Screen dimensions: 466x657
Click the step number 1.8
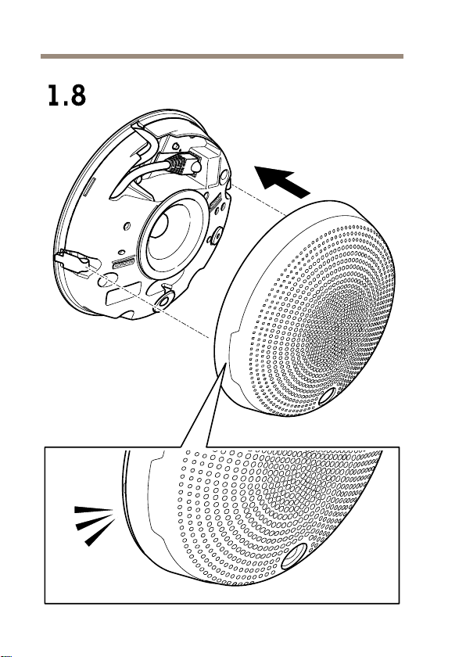[x=67, y=95]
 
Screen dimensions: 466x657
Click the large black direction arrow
[x=281, y=181]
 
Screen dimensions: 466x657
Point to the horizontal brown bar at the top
[x=222, y=56]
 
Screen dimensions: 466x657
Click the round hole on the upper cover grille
[x=328, y=396]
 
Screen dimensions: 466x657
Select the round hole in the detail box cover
[x=294, y=555]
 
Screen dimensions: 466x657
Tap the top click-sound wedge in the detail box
[x=93, y=510]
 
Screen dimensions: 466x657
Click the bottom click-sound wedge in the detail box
[x=100, y=533]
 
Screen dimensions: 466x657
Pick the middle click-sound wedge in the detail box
[x=95, y=522]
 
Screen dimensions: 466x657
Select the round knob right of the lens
[x=216, y=236]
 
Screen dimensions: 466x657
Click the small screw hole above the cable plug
[x=176, y=145]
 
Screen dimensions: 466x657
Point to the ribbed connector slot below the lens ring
[x=124, y=263]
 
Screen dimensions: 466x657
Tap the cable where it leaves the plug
[x=166, y=166]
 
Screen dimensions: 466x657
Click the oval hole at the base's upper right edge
[x=224, y=175]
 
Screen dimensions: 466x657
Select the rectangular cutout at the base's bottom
[x=124, y=295]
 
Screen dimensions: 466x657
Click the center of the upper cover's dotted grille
[x=335, y=326]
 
